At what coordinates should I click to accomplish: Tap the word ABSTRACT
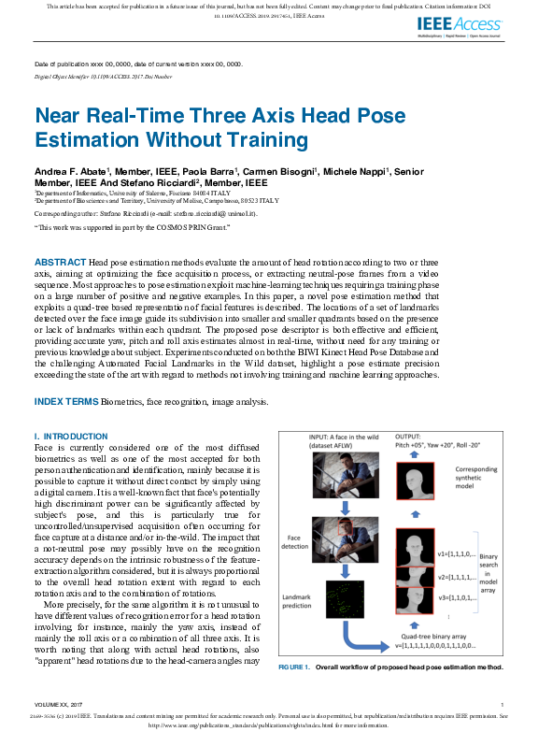pyautogui.click(x=61, y=261)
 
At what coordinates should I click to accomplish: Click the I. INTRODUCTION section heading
pyautogui.click(x=71, y=437)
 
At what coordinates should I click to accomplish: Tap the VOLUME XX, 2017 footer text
pyautogui.click(x=57, y=704)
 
